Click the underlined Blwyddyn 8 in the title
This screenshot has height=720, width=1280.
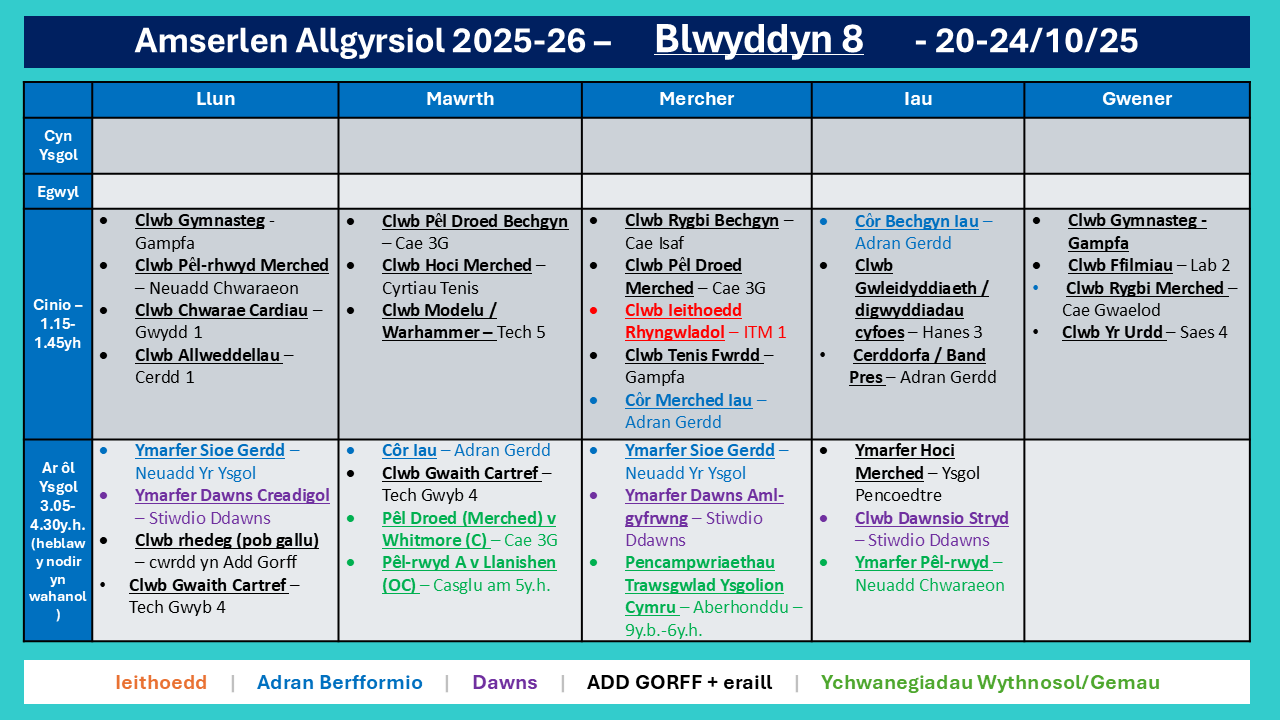coord(758,39)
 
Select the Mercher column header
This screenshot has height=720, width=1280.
coord(697,99)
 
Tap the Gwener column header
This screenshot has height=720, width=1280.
coord(1137,99)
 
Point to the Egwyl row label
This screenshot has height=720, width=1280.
coord(58,192)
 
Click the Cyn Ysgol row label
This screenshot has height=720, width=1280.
coord(58,145)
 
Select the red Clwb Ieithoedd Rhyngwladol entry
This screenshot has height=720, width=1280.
coord(683,321)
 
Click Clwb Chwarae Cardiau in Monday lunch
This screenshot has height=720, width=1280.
coord(221,310)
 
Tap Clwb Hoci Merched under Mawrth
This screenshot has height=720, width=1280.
coord(457,265)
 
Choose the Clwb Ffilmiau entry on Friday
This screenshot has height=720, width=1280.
coord(1120,265)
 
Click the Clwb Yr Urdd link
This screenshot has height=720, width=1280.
coord(1113,332)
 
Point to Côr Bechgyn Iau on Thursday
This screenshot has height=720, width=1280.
coord(917,221)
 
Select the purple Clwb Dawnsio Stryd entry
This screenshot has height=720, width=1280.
coord(931,518)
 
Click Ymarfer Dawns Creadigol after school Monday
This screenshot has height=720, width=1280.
coord(232,495)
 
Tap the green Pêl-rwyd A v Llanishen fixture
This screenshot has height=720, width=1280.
coord(469,573)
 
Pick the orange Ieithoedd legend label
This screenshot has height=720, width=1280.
coord(161,682)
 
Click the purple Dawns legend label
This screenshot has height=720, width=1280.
coord(505,682)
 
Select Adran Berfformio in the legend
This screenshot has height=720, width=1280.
coord(339,682)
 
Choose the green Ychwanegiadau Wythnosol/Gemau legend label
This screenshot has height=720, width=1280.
coord(990,682)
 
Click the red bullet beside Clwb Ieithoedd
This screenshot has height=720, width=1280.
coord(594,310)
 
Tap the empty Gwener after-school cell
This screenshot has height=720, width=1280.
coord(1137,541)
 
